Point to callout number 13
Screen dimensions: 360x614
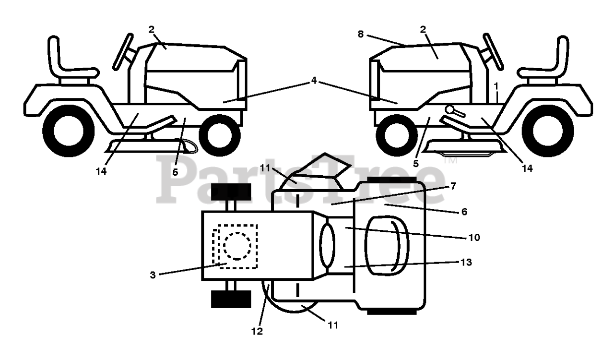(466, 263)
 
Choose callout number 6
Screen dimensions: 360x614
(463, 211)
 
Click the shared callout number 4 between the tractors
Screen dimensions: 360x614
(313, 81)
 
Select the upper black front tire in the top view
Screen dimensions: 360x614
(231, 192)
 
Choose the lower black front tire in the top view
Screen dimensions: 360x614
(231, 299)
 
